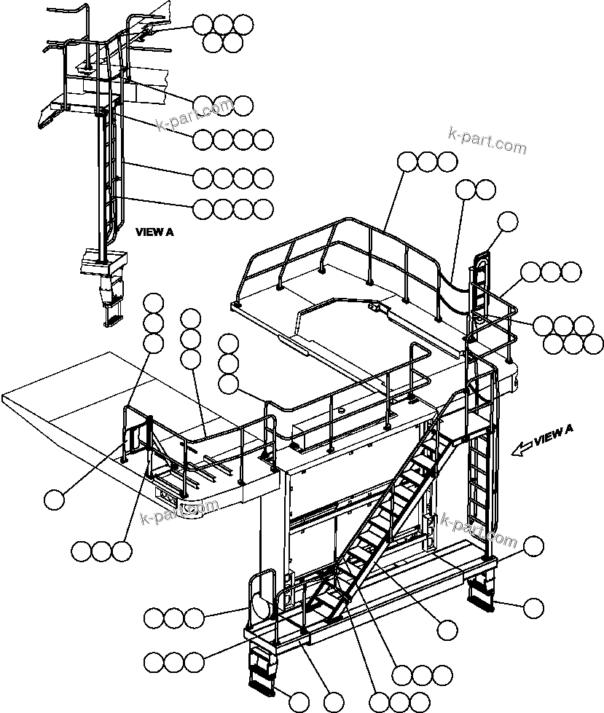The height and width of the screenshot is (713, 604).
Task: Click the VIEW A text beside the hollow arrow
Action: click(x=553, y=437)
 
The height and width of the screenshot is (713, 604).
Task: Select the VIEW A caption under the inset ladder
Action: click(x=154, y=232)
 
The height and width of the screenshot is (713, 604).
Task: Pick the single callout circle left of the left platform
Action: click(x=55, y=500)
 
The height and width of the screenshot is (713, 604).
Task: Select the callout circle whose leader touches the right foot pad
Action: click(x=534, y=607)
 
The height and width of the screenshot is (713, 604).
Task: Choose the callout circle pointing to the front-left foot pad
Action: click(x=299, y=702)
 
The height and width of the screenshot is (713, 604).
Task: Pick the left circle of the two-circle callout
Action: click(x=466, y=191)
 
